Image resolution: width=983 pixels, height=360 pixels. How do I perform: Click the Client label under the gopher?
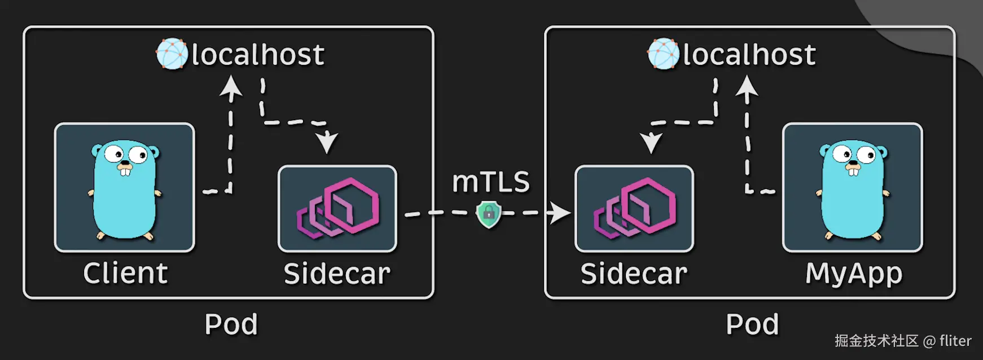tap(125, 274)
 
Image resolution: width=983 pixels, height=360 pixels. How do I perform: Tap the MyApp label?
tap(853, 274)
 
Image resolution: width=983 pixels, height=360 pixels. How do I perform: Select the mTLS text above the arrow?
tap(491, 182)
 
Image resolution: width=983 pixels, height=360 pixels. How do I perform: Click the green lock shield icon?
tap(489, 214)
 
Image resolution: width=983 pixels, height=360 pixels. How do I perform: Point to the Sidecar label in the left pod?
tap(337, 274)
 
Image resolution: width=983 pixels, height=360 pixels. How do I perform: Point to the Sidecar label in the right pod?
tap(634, 274)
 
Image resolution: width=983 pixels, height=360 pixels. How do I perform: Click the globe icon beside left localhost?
tap(172, 54)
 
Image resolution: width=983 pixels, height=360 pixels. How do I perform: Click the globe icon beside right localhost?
tap(663, 54)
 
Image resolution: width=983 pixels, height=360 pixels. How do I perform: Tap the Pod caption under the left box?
tap(231, 324)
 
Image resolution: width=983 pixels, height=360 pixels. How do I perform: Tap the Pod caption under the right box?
tap(752, 324)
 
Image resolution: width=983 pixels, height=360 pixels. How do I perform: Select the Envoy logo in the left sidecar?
tap(338, 207)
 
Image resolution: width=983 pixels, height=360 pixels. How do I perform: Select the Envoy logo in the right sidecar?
tap(635, 207)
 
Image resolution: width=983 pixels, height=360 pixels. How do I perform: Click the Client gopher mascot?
tap(124, 189)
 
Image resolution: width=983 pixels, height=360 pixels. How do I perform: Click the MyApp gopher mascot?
tap(852, 189)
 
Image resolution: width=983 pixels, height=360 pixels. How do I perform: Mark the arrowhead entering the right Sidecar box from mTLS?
tap(561, 213)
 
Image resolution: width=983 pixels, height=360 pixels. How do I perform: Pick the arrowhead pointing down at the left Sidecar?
tap(327, 142)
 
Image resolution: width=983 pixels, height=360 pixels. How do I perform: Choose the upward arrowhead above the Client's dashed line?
tap(231, 87)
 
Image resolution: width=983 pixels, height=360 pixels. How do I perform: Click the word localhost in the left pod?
tap(258, 55)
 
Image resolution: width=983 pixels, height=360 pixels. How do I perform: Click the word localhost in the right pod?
tap(749, 55)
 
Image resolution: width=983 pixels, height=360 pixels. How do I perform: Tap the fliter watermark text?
tap(955, 341)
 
